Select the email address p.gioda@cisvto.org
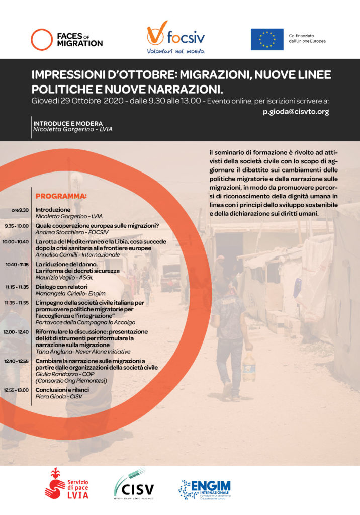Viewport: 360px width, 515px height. click(x=296, y=112)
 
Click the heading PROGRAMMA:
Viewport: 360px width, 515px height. click(x=61, y=196)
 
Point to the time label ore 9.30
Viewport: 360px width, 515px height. click(x=20, y=210)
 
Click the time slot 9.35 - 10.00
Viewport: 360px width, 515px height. click(x=17, y=226)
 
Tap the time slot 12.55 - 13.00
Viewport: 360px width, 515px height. click(x=16, y=390)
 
